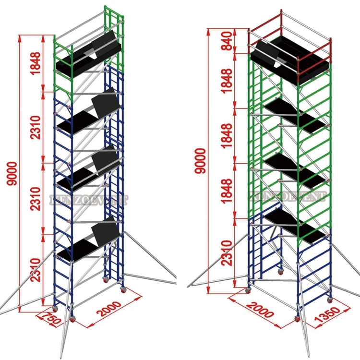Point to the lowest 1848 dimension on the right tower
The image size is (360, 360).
click(x=228, y=191)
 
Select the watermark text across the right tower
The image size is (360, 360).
click(x=287, y=195)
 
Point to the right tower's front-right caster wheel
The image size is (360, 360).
click(x=330, y=299)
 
